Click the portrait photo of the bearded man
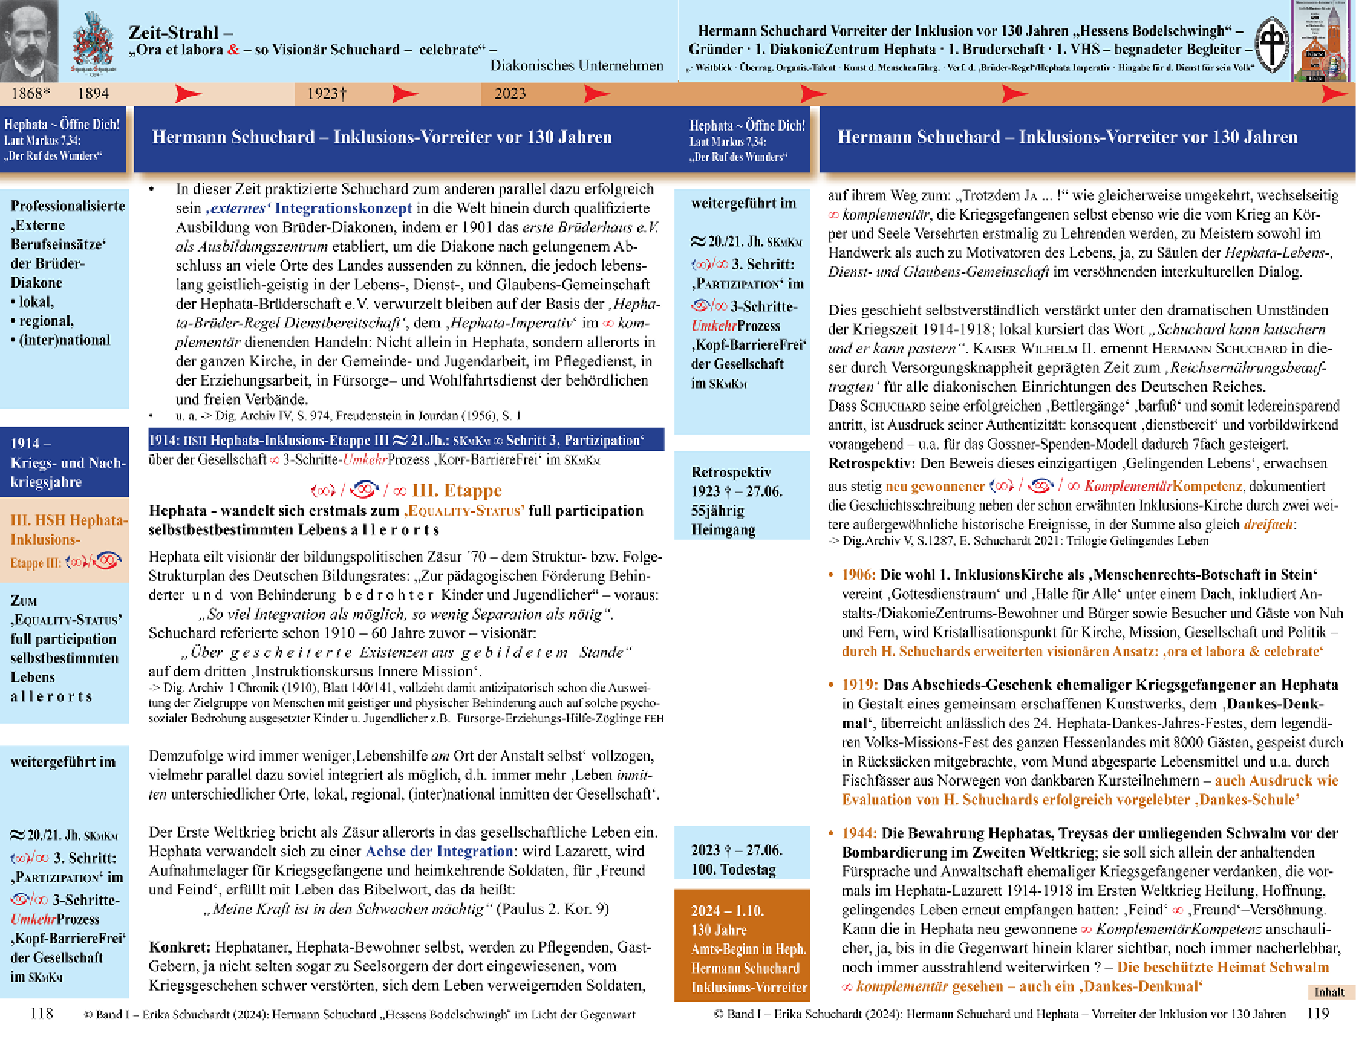point(29,40)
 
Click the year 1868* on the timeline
point(31,93)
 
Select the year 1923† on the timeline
point(327,93)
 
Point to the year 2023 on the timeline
point(510,93)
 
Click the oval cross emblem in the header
point(1273,45)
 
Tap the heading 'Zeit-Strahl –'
point(181,32)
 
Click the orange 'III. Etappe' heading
point(457,490)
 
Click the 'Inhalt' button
point(1329,992)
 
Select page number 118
point(41,1013)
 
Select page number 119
point(1318,1013)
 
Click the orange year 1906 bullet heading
point(859,575)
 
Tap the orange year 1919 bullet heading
point(859,685)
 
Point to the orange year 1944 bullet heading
point(859,833)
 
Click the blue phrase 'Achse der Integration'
point(438,851)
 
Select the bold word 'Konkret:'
point(180,947)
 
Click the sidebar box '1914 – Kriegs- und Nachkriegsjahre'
point(65,462)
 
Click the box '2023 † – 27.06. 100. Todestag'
point(742,859)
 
